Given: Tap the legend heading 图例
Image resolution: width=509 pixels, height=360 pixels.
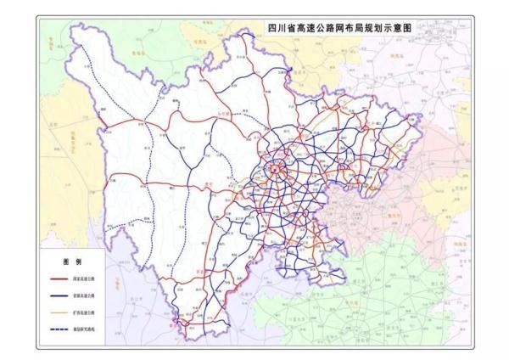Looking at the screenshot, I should (71, 259).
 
